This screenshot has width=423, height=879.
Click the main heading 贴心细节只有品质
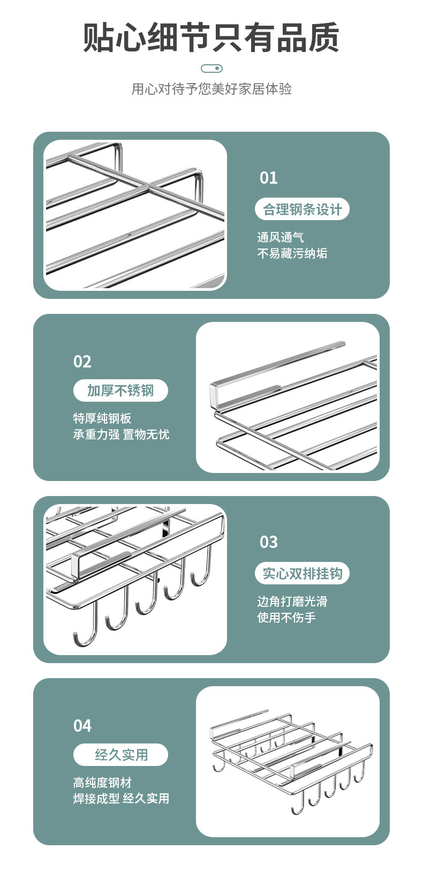pyautogui.click(x=211, y=38)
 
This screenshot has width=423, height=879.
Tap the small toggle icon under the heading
pyautogui.click(x=211, y=69)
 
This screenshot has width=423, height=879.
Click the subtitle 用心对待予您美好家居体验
pyautogui.click(x=211, y=89)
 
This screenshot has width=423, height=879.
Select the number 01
pyautogui.click(x=268, y=178)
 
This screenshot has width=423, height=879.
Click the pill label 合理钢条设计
pyautogui.click(x=302, y=209)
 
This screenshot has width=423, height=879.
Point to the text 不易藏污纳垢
pyautogui.click(x=292, y=253)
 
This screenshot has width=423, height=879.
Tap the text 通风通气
pyautogui.click(x=280, y=237)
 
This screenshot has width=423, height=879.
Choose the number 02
pyautogui.click(x=82, y=362)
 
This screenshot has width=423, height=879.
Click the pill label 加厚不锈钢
pyautogui.click(x=120, y=390)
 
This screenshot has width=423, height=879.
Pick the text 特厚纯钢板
pyautogui.click(x=102, y=418)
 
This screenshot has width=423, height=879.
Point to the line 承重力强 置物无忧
pyautogui.click(x=121, y=434)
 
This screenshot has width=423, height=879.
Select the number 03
pyautogui.click(x=268, y=542)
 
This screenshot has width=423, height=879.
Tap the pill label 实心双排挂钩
pyautogui.click(x=302, y=574)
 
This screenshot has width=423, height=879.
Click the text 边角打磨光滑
pyautogui.click(x=292, y=602)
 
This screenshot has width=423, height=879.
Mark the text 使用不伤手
pyautogui.click(x=286, y=618)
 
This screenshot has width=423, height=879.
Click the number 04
pyautogui.click(x=82, y=726)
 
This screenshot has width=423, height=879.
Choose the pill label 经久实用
pyautogui.click(x=120, y=755)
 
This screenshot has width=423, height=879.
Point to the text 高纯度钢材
pyautogui.click(x=102, y=783)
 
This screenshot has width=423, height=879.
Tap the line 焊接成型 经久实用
pyautogui.click(x=121, y=799)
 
